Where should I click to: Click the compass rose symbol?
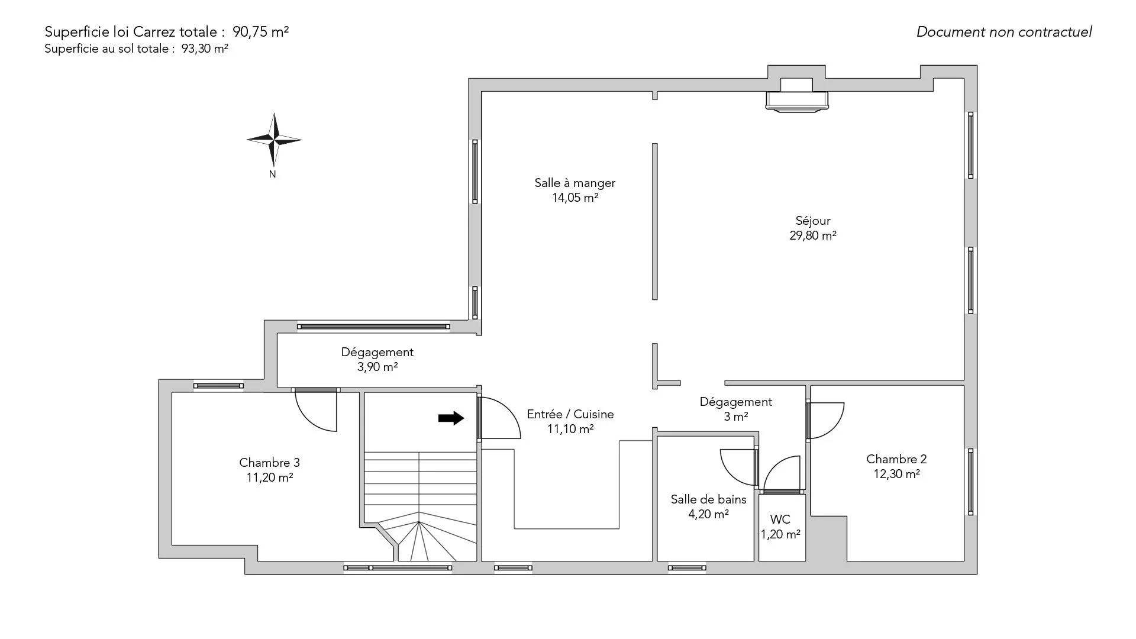pos(274,140)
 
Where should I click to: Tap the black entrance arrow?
pos(451,418)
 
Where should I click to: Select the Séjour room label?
pos(813,221)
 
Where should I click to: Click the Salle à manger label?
pos(575,183)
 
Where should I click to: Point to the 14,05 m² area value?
pos(575,198)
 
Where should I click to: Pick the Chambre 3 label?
pos(269,463)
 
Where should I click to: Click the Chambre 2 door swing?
pos(827,421)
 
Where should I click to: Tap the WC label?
pos(780,519)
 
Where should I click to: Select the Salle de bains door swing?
pos(738,468)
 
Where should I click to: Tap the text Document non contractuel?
pos(1004,32)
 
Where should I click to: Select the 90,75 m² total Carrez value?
pos(264,32)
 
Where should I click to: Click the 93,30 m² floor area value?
pos(205,49)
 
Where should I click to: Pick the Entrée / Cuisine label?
pos(570,414)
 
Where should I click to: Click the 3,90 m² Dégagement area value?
pos(377,367)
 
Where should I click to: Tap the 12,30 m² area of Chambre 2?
pos(896,474)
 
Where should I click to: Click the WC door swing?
pos(781,473)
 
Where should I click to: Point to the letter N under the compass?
pos(273,175)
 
